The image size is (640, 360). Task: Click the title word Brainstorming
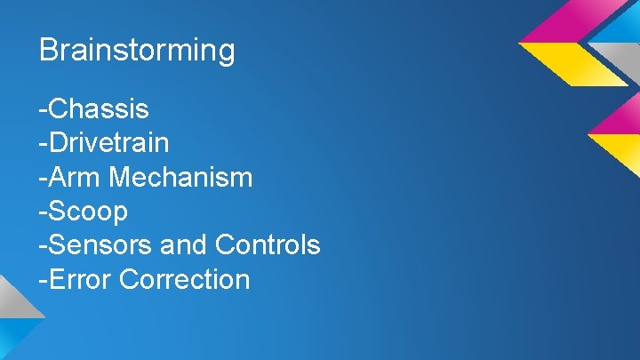tap(137, 51)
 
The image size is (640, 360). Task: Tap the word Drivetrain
tap(108, 143)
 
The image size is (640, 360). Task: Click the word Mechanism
tap(180, 177)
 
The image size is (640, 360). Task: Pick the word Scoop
tap(88, 212)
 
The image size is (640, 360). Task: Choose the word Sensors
tap(97, 244)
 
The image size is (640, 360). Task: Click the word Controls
tap(265, 244)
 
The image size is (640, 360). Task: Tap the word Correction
tap(184, 279)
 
